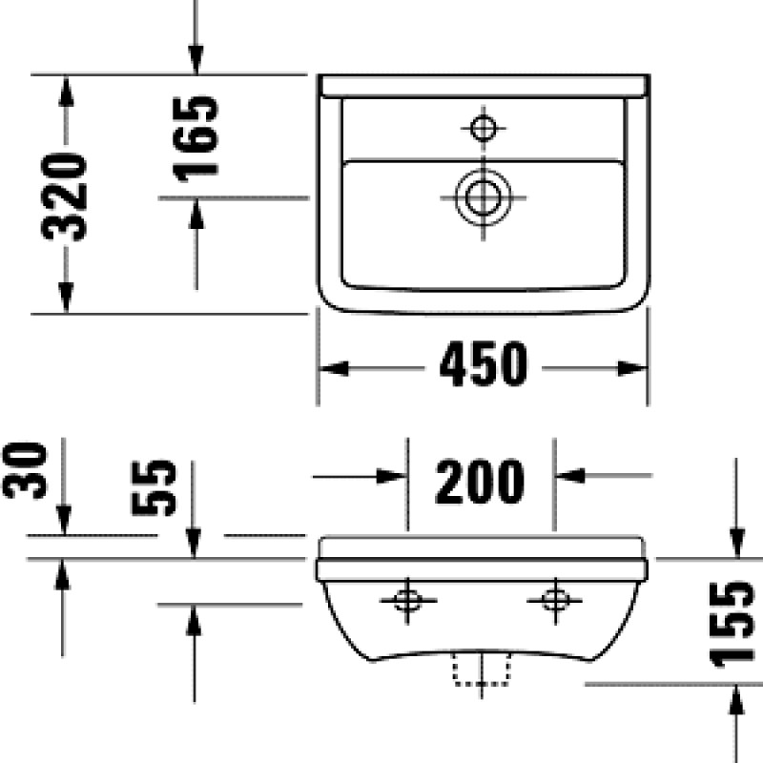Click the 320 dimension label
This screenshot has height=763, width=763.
point(64,196)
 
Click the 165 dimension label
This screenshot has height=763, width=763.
point(196,138)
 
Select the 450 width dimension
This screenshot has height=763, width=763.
point(484,364)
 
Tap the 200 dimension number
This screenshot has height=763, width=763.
point(480,481)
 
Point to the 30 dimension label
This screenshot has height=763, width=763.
point(26,470)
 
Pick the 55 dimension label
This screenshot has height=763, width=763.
point(154,487)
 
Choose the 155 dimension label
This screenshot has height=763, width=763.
point(732,625)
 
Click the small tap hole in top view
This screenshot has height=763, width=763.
point(484,129)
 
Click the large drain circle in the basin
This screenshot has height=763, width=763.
point(483,197)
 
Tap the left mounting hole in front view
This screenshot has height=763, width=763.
point(408,600)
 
